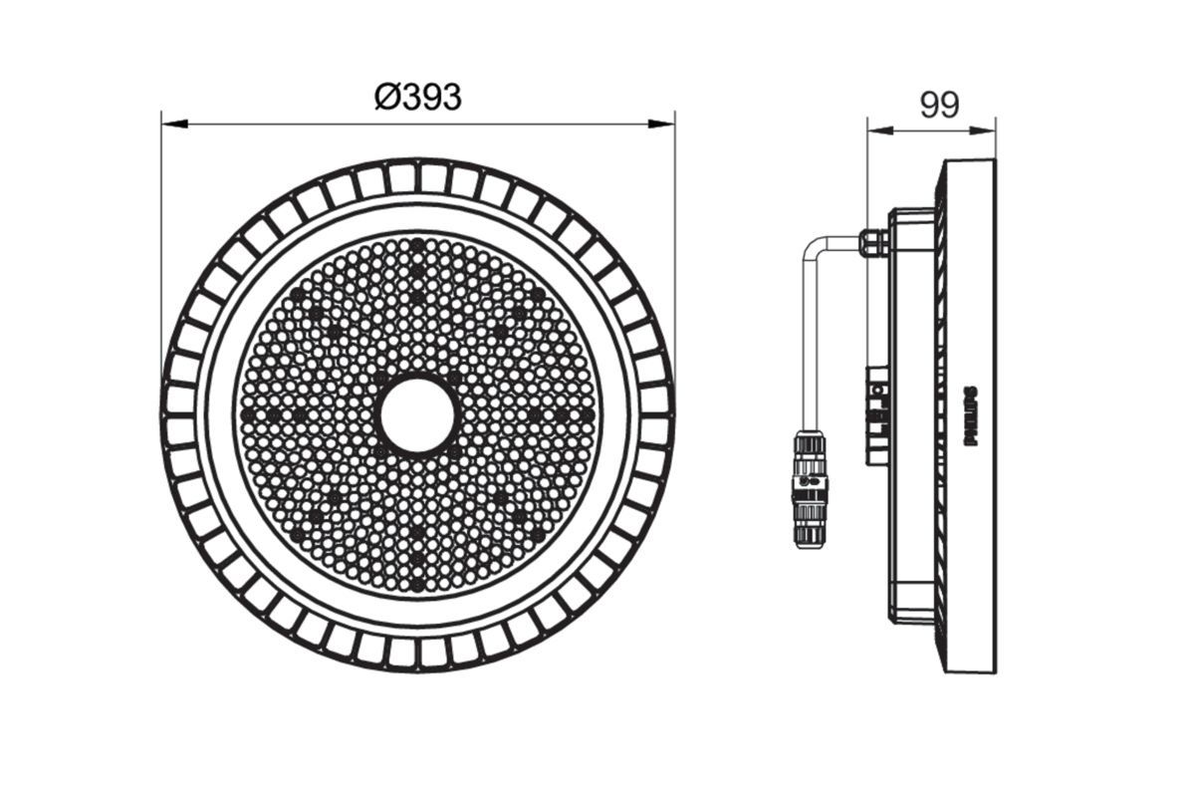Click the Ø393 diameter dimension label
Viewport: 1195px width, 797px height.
click(x=418, y=97)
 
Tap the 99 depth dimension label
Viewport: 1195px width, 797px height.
click(x=938, y=105)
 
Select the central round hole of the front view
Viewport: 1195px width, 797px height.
click(x=418, y=414)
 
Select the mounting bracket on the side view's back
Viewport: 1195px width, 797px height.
click(x=878, y=413)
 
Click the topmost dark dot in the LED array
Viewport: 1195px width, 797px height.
click(x=418, y=244)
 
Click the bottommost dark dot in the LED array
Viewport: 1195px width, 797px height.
click(x=418, y=585)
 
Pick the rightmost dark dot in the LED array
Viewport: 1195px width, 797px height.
click(x=589, y=413)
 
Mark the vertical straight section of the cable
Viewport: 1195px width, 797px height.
click(x=809, y=339)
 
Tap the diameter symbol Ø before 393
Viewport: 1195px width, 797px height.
click(x=386, y=97)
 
